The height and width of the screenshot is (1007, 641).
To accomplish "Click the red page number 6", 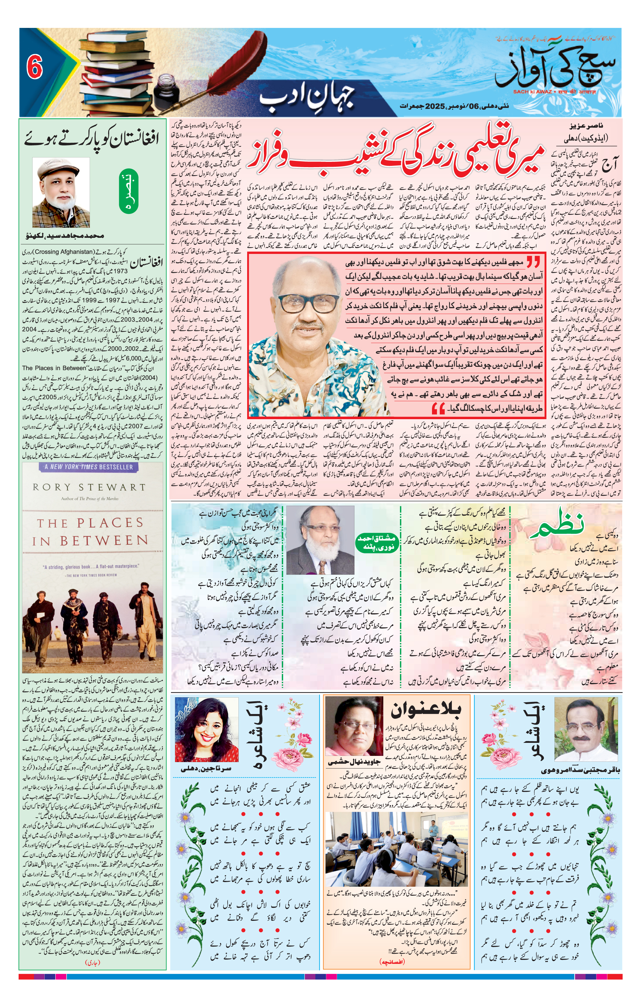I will (x=35, y=67).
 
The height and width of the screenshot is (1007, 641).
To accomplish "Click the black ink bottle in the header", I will (x=165, y=90).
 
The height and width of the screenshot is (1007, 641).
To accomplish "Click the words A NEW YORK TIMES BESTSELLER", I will (x=89, y=467).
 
